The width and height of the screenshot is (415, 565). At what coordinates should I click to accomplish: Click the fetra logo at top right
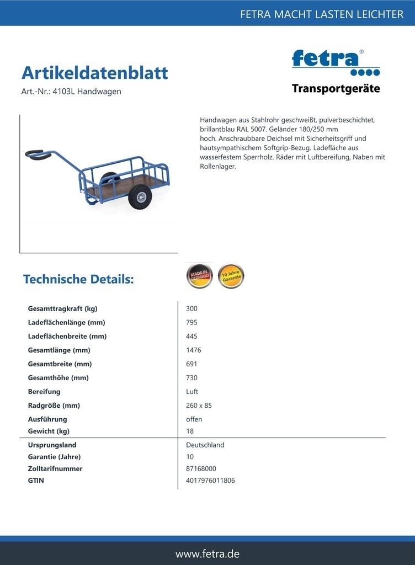click(x=335, y=62)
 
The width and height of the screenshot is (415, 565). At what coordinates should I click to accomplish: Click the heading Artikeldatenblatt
click(x=94, y=73)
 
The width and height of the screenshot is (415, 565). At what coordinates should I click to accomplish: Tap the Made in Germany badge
click(x=199, y=276)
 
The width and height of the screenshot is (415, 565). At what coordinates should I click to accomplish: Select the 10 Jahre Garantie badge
click(x=231, y=276)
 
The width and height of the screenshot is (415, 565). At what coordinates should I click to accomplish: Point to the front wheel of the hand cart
click(x=140, y=197)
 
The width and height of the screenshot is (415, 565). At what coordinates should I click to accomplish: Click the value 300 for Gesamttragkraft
click(x=191, y=309)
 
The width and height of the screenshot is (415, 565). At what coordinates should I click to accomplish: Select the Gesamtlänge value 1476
click(x=194, y=350)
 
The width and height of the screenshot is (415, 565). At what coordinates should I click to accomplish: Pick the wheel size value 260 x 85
click(x=199, y=406)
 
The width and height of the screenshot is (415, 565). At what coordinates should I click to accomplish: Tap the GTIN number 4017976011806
click(x=210, y=481)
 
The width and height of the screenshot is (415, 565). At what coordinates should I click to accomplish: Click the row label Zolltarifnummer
click(x=55, y=468)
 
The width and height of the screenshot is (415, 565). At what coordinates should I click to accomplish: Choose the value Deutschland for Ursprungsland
click(x=205, y=445)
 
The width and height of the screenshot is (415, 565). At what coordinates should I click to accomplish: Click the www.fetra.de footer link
click(x=208, y=553)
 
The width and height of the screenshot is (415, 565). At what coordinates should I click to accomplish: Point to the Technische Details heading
click(x=78, y=279)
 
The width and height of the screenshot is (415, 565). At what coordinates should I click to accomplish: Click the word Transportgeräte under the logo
click(x=336, y=89)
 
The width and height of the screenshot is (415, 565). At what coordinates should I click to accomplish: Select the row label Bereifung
click(x=44, y=392)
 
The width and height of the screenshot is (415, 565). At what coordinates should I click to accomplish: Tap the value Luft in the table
click(x=192, y=392)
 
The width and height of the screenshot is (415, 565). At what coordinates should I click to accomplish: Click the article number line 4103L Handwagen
click(x=71, y=92)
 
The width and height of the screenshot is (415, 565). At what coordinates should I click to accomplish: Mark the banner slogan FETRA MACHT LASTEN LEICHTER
click(x=322, y=14)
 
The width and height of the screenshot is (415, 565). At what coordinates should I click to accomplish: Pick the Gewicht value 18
click(x=190, y=431)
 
